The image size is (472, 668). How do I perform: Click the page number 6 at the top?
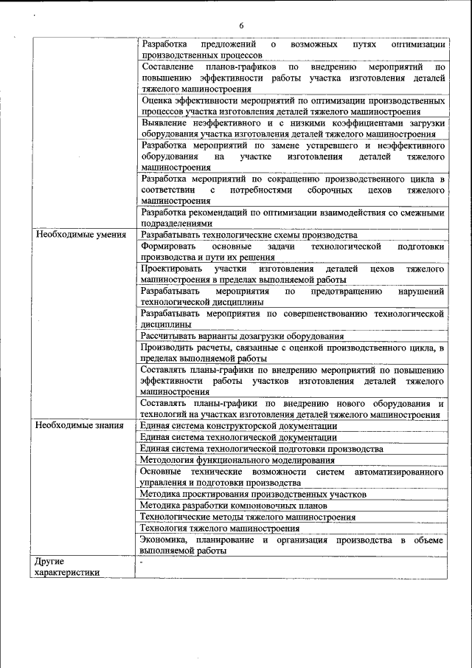click(x=241, y=26)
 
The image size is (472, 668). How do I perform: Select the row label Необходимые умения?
click(x=72, y=235)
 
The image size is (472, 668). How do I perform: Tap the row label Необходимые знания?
click(x=72, y=426)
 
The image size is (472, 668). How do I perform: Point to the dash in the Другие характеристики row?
click(x=142, y=562)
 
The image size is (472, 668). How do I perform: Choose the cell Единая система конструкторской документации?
click(x=238, y=426)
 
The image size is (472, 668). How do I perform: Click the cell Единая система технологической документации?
click(x=238, y=438)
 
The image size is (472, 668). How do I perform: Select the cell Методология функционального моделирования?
click(x=237, y=461)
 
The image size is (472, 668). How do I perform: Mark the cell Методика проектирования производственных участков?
click(x=253, y=495)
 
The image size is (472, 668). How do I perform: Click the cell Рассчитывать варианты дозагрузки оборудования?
click(x=242, y=336)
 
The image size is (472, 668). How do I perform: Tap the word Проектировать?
click(x=171, y=269)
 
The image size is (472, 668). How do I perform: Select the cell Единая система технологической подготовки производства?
click(x=262, y=449)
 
